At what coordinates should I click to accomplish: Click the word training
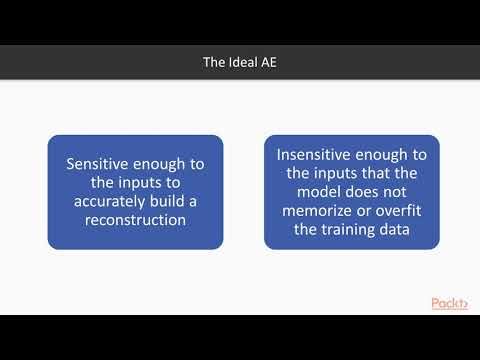pos(351,230)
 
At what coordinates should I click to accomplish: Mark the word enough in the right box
pos(399,155)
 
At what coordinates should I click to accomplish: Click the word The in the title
pos(212,62)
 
